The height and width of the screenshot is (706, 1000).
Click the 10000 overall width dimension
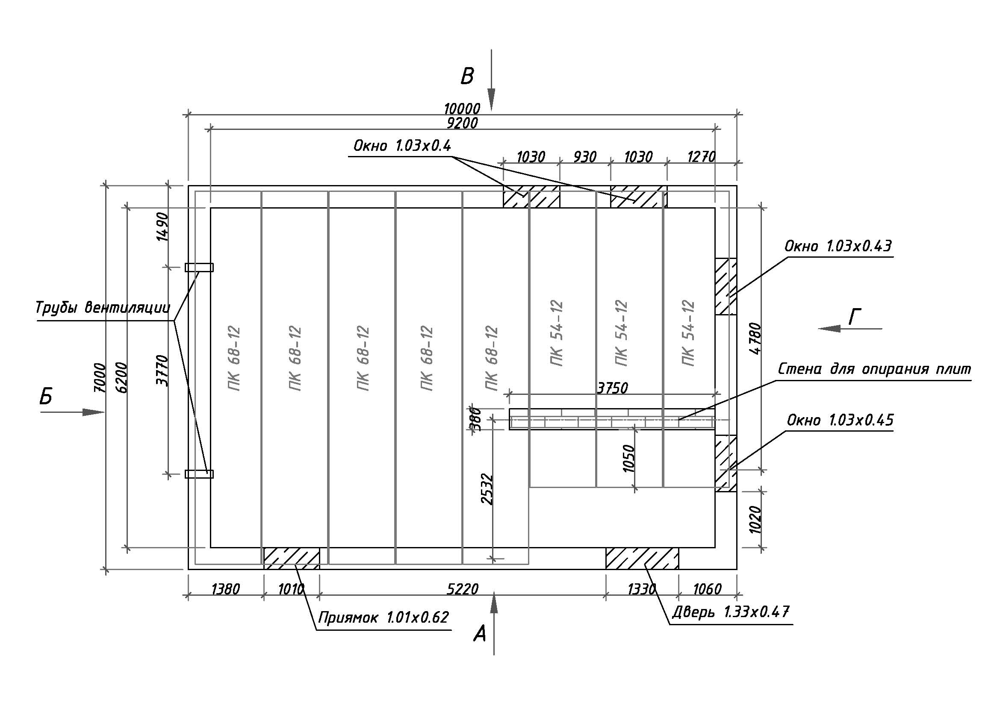462,109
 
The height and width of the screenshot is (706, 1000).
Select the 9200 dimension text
462,123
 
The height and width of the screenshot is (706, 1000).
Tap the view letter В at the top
467,76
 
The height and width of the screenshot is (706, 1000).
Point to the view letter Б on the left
46,397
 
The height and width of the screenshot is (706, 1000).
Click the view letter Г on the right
855,316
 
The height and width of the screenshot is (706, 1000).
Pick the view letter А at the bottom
480,634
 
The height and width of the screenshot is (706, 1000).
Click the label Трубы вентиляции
103,308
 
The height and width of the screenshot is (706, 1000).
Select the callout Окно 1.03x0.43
838,246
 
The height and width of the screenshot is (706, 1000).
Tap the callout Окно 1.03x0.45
840,420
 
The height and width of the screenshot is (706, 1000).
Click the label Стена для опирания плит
875,369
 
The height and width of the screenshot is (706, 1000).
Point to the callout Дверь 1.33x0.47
730,612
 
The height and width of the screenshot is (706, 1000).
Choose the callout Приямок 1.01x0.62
383,617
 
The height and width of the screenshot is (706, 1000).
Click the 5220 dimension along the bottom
463,589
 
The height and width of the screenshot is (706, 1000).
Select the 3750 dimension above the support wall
612,388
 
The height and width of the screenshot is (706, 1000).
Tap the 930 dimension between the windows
584,157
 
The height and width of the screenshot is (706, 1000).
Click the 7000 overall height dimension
100,377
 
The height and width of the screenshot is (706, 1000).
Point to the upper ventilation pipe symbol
199,267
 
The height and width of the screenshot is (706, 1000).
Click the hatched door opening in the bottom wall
642,559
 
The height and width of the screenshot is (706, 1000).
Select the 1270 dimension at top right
701,157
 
